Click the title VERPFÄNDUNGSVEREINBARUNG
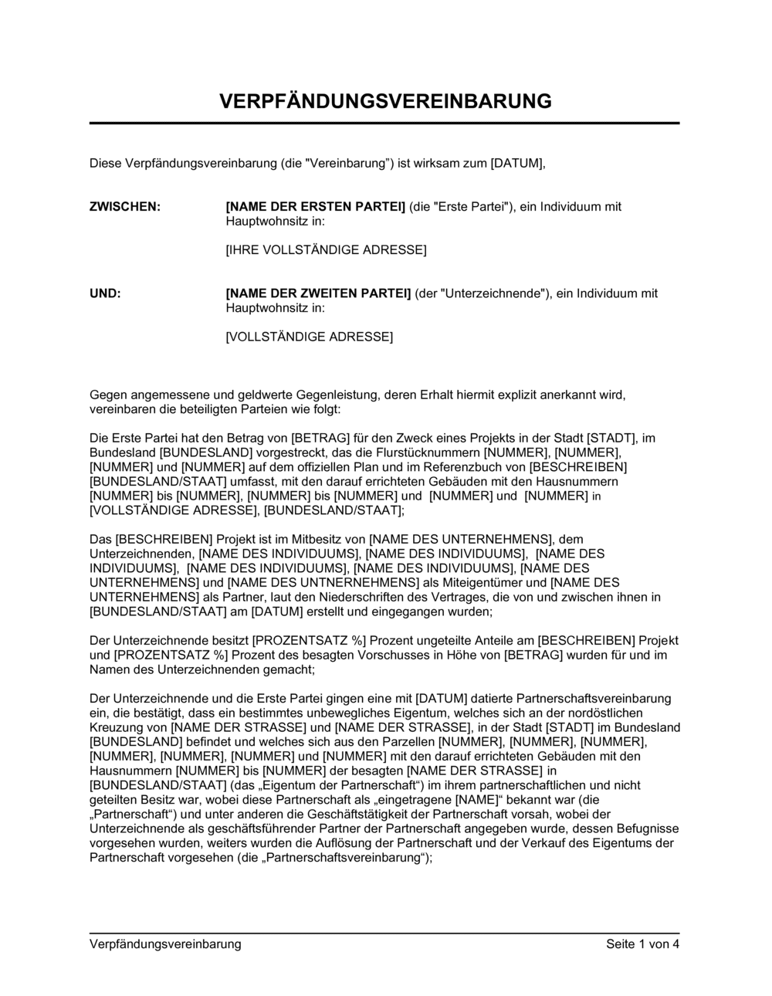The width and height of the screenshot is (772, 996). [385, 101]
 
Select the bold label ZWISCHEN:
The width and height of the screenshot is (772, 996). [125, 207]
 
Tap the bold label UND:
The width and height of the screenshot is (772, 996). [106, 293]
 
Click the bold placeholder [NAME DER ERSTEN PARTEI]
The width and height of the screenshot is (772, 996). [315, 207]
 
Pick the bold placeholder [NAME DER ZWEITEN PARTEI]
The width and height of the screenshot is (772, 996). [318, 293]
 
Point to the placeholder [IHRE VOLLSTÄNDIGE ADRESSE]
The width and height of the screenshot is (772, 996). [325, 250]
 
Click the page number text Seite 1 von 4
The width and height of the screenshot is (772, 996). [642, 943]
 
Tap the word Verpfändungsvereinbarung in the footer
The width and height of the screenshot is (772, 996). [165, 943]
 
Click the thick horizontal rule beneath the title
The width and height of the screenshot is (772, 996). [385, 123]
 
